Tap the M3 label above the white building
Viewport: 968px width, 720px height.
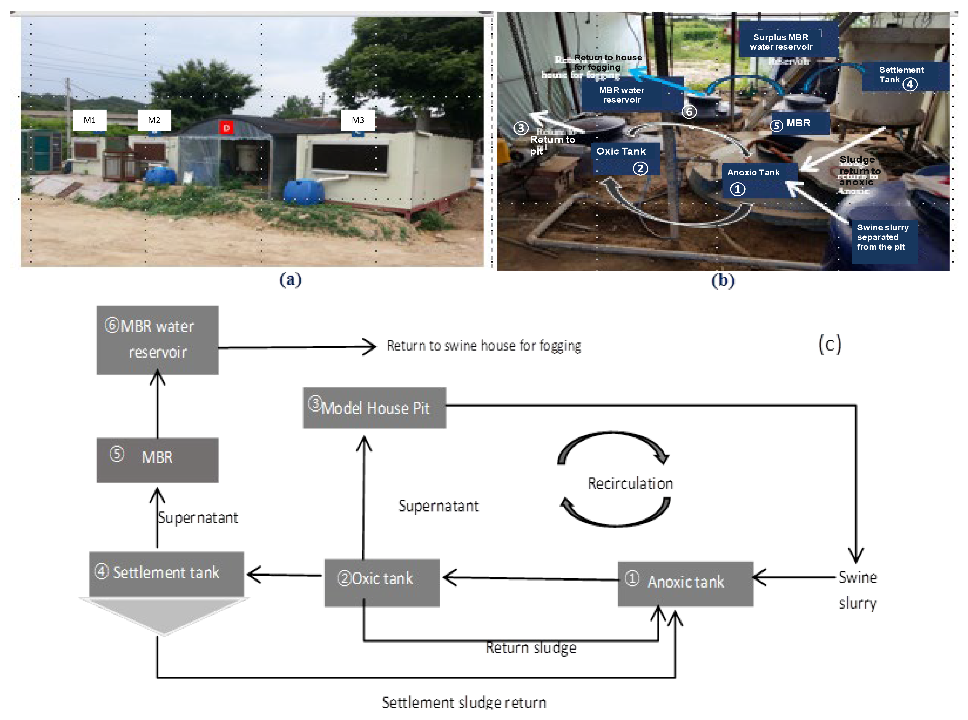(357, 120)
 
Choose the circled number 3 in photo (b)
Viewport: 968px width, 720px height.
(521, 128)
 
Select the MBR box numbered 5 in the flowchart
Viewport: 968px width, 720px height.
(157, 460)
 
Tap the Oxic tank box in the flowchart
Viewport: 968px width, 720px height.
(382, 582)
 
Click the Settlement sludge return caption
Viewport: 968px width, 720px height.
(464, 702)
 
